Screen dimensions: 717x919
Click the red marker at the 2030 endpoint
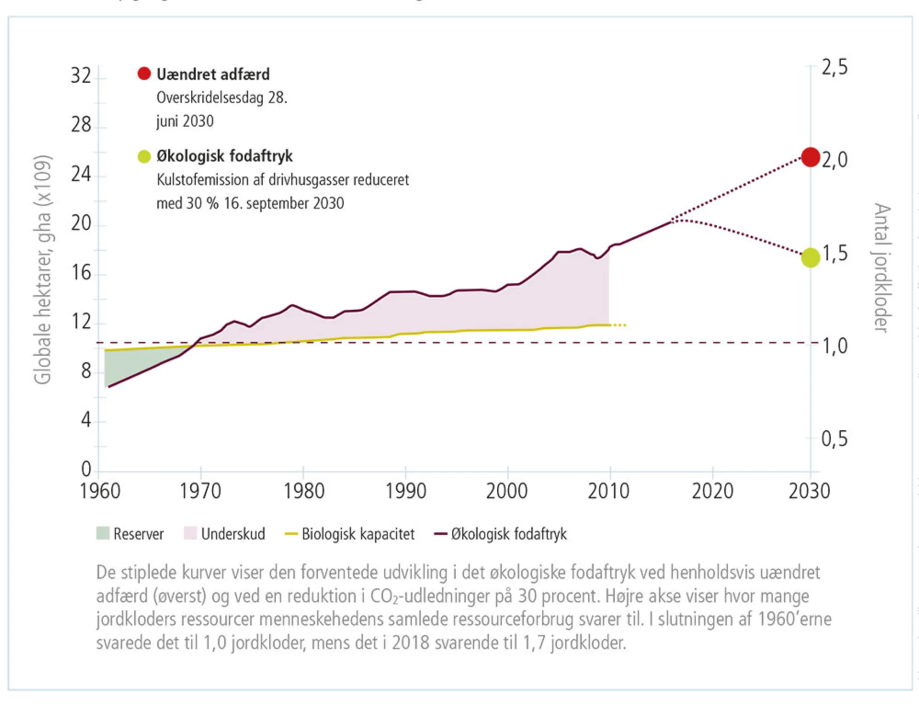click(811, 157)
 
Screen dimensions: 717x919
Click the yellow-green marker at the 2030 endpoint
click(811, 257)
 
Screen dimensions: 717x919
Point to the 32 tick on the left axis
click(81, 76)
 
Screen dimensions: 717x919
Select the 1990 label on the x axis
click(405, 491)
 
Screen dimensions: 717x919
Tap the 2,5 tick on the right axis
click(834, 68)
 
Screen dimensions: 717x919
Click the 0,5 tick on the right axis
click(834, 439)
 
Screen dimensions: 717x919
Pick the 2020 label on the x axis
click(712, 491)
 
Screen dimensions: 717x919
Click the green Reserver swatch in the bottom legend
click(103, 534)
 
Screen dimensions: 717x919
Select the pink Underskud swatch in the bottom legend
click(190, 534)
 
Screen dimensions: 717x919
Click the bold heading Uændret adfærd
click(213, 74)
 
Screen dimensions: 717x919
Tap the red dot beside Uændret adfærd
click(144, 74)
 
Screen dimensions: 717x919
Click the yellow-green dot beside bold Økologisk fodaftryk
click(144, 156)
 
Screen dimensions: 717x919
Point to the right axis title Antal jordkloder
click(882, 267)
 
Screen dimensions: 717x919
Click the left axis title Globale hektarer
click(43, 270)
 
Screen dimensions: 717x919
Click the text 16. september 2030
click(284, 203)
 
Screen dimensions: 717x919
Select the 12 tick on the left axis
click(81, 322)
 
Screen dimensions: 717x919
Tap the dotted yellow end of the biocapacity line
click(619, 325)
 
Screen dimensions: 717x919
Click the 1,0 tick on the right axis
click(834, 346)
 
